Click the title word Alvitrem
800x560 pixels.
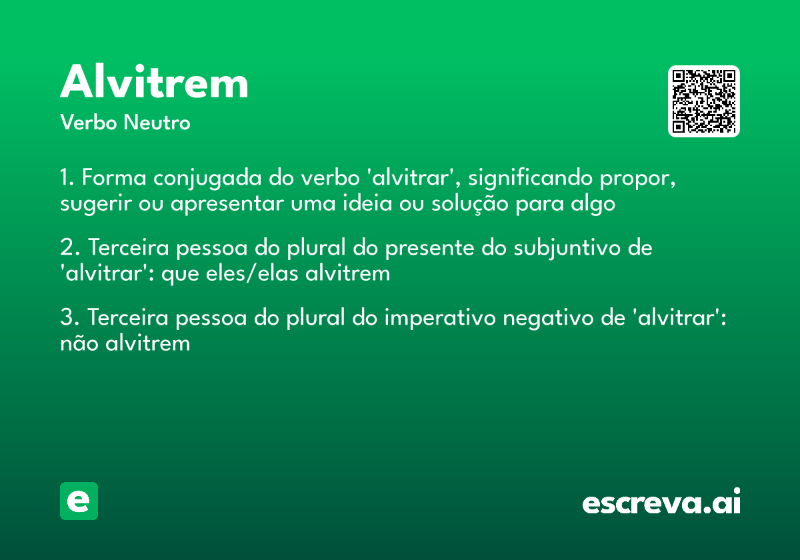[154, 83]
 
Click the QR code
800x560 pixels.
[703, 101]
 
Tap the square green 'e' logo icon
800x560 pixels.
[79, 501]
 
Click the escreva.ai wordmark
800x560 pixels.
[661, 503]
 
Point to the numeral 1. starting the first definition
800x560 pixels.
[67, 179]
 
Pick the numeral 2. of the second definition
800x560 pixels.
[69, 248]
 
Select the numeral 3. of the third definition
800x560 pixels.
[69, 318]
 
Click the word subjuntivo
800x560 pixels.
[568, 248]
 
